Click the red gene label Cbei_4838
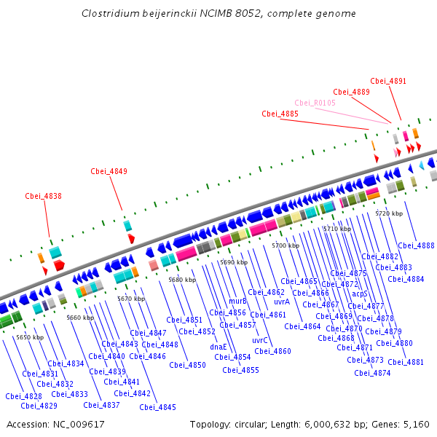(x=43, y=196)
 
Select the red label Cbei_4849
(x=109, y=172)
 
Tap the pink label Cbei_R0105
(x=315, y=103)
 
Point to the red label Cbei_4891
(x=388, y=82)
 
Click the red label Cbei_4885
(x=280, y=114)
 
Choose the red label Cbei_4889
(x=351, y=92)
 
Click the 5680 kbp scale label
(x=182, y=280)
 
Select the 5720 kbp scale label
(x=389, y=213)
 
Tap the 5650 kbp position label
(x=30, y=337)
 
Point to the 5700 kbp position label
(x=286, y=246)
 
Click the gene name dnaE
(x=219, y=347)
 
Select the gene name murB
(x=237, y=301)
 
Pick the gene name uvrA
(x=282, y=302)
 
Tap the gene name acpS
(x=360, y=294)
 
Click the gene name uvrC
(x=260, y=340)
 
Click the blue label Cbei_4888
(x=416, y=246)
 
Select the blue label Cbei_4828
(x=23, y=396)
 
